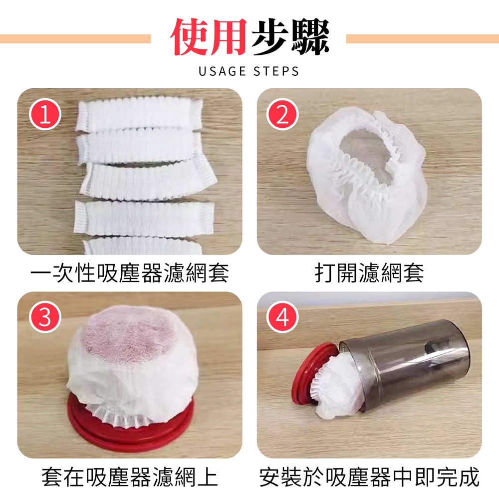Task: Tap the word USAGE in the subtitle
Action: click(x=222, y=71)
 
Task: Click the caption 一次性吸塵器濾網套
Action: click(x=129, y=273)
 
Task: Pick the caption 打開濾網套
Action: click(x=369, y=273)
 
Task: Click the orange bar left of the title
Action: click(x=75, y=38)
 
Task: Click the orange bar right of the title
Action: click(x=422, y=38)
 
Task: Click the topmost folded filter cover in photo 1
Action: click(x=140, y=113)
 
